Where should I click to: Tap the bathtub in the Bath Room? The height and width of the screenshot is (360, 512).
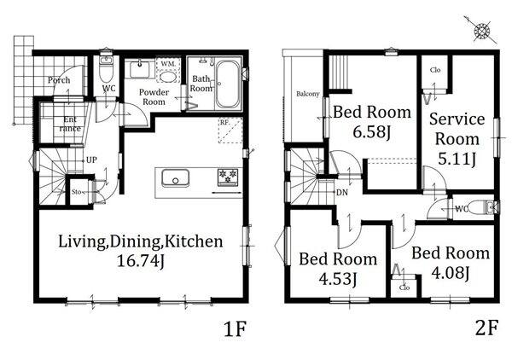tap(228, 84)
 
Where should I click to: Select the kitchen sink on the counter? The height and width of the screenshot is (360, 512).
tap(175, 178)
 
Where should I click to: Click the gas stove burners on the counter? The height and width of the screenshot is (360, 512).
tap(228, 177)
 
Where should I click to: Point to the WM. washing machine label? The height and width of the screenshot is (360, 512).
tap(168, 64)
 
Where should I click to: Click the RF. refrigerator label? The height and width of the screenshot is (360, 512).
tap(224, 123)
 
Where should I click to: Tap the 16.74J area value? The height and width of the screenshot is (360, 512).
tap(141, 261)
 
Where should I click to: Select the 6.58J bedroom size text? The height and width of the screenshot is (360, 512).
tap(371, 132)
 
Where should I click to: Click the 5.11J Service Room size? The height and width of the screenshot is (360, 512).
tap(457, 160)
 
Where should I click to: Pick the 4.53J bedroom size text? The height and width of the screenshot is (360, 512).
tap(338, 279)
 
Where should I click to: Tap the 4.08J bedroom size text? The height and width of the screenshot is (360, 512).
tap(451, 273)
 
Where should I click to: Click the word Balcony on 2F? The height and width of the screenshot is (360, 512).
tap(307, 94)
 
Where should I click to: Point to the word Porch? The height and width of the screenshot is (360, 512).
tap(59, 80)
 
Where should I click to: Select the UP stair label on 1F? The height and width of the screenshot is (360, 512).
tap(91, 160)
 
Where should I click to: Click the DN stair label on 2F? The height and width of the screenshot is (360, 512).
tap(342, 193)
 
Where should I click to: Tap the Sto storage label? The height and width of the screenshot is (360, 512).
tap(76, 192)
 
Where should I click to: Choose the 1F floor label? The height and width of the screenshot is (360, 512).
tap(235, 328)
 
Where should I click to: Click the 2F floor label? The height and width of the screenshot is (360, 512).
tap(486, 328)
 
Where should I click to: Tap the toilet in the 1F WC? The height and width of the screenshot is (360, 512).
tap(106, 69)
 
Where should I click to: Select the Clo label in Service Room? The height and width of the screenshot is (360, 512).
tap(435, 70)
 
